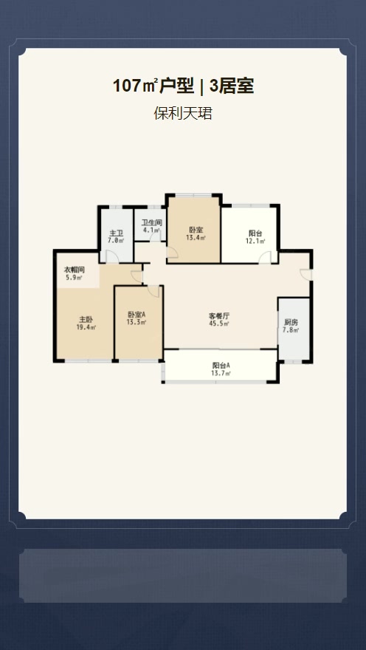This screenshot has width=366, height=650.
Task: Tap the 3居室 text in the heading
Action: (232, 86)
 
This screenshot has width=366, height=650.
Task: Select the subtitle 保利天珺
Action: (183, 114)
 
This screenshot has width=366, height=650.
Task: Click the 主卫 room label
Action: (116, 233)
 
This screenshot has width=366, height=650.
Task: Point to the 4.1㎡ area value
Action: (151, 230)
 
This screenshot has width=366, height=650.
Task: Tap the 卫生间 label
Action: (151, 222)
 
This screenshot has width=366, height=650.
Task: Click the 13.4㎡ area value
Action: (196, 237)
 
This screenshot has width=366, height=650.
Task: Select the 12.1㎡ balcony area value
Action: (255, 241)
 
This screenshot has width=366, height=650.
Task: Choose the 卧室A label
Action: (137, 315)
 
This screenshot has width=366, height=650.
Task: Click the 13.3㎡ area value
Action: (137, 322)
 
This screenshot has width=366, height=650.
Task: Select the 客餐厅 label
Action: (219, 316)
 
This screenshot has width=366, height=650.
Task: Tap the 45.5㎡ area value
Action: (219, 324)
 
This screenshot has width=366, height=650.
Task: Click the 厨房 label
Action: (291, 323)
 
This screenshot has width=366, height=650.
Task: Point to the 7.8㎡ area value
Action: (291, 330)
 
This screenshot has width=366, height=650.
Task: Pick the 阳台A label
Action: (221, 366)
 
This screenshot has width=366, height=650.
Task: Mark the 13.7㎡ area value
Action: (221, 374)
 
